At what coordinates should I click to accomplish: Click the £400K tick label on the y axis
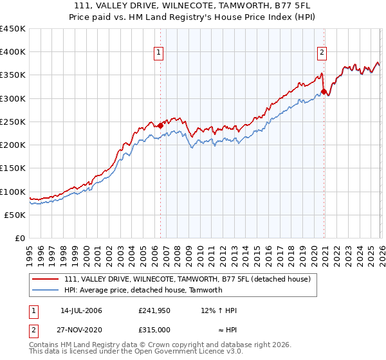pos(13,52)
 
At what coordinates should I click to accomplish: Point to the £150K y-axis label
pos(13,168)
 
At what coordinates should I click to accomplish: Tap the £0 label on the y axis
pos(20,239)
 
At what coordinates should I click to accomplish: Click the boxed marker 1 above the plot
pos(158,53)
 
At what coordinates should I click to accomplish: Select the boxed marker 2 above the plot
pos(322,53)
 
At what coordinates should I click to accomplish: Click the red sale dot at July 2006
pos(160,126)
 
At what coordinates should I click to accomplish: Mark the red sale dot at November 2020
pos(324,92)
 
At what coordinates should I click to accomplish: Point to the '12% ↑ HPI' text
pos(219,310)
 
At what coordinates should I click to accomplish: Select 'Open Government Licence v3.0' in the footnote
pos(188,352)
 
